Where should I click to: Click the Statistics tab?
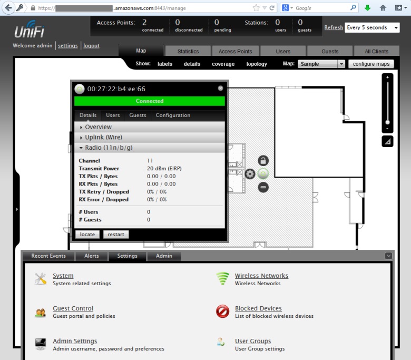tap(188, 51)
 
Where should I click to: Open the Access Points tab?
tap(235, 51)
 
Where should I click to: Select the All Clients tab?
tap(376, 51)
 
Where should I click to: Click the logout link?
tap(91, 46)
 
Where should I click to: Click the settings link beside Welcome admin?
tap(68, 46)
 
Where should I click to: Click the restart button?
tap(116, 235)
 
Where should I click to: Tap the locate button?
tap(87, 235)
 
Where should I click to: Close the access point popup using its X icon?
tap(220, 89)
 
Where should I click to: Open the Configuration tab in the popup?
tap(173, 115)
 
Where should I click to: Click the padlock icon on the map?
tap(263, 160)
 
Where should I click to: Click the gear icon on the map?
tap(250, 174)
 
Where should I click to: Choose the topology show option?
tap(257, 64)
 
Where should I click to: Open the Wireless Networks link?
tap(261, 276)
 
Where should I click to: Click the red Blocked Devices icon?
tap(222, 311)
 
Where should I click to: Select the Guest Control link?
tap(73, 308)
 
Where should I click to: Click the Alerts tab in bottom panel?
tap(92, 256)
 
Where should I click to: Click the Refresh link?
tap(334, 27)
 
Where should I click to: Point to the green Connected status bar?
tap(150, 101)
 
